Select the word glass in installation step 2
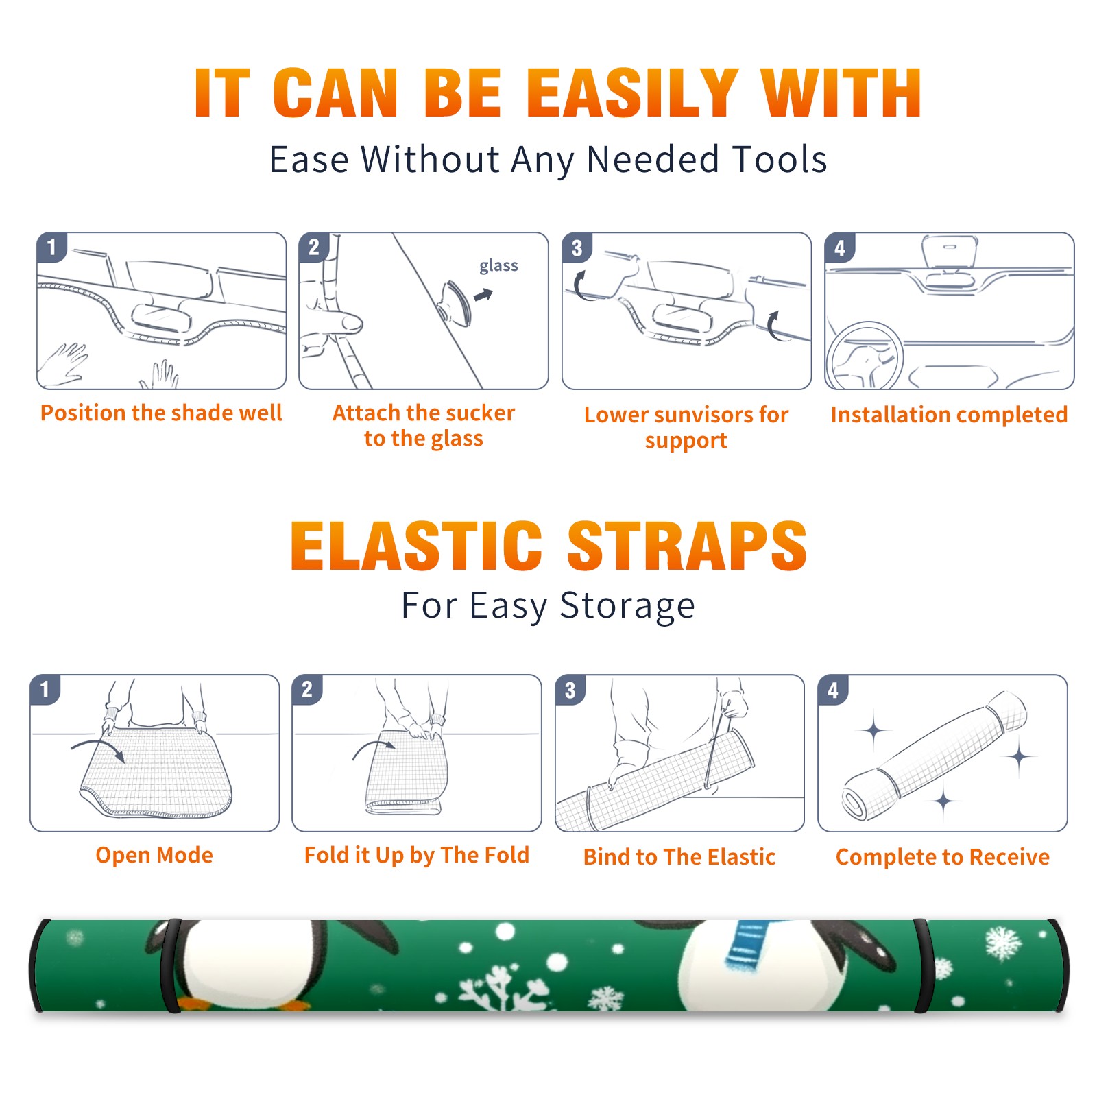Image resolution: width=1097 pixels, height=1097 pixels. [498, 266]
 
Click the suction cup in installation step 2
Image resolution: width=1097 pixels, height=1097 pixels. [457, 302]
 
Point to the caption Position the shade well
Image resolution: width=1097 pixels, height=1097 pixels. [161, 413]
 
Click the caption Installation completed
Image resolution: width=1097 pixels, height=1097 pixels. [949, 414]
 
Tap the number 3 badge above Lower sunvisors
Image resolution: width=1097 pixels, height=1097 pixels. [577, 248]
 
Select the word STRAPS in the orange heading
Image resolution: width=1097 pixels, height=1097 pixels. [687, 546]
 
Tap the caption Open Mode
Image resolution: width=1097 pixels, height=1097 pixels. [154, 855]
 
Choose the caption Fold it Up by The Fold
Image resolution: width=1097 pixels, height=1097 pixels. [417, 855]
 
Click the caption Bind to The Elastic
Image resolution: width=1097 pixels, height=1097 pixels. [679, 857]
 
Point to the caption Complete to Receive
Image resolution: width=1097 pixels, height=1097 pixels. [943, 857]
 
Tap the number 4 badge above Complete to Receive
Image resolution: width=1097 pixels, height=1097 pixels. [833, 690]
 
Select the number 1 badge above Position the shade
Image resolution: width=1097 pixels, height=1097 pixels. [51, 247]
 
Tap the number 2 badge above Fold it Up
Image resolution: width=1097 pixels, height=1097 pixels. [307, 690]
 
